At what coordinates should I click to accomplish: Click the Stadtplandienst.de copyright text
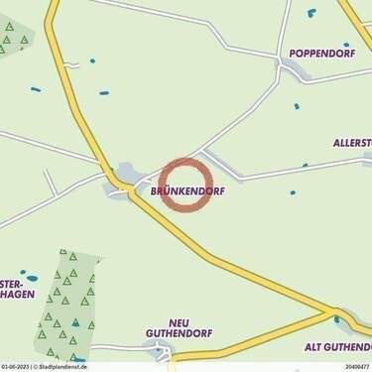[x=62, y=366]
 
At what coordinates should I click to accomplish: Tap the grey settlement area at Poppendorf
[x=295, y=70]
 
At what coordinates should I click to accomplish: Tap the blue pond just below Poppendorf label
[x=346, y=45]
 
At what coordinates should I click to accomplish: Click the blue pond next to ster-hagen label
[x=32, y=276]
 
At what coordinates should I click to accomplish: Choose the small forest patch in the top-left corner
[x=14, y=40]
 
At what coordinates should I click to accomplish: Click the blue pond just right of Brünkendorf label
[x=293, y=191]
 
